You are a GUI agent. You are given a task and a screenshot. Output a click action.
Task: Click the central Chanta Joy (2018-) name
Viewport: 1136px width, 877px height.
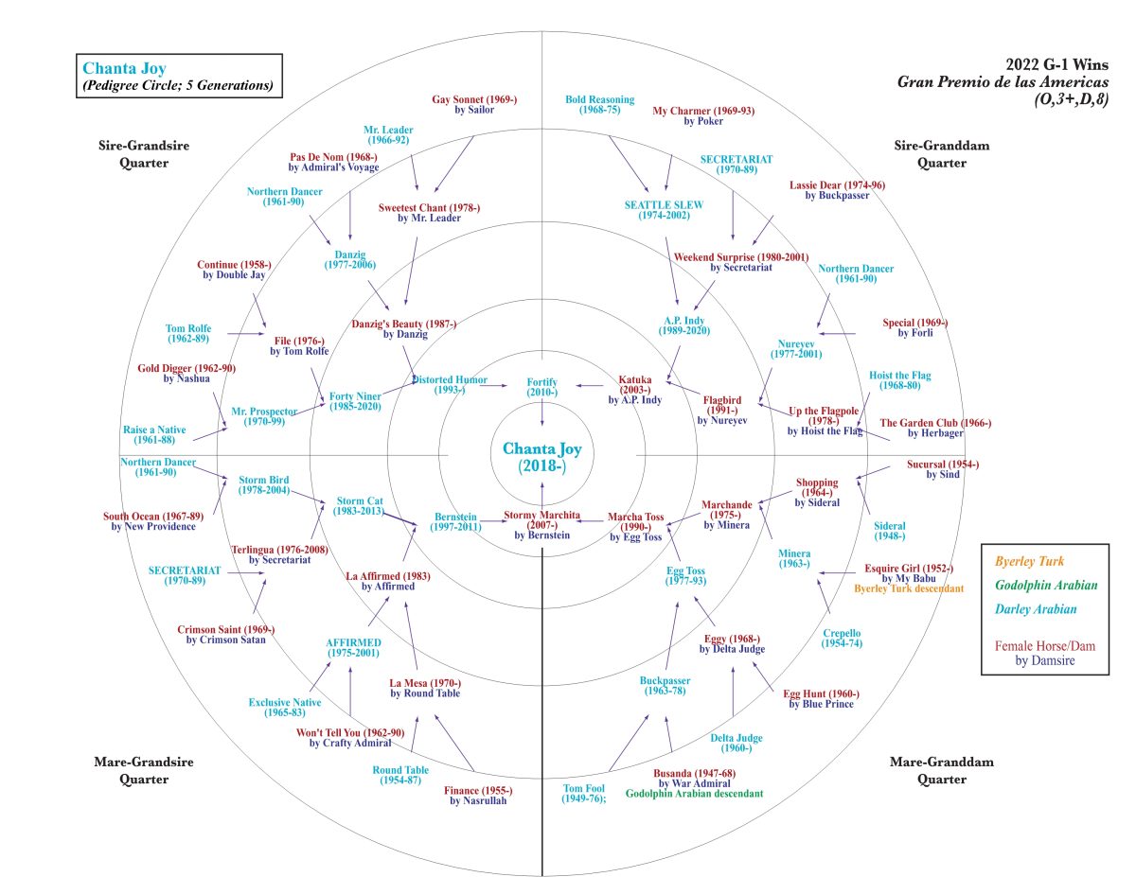pos(541,457)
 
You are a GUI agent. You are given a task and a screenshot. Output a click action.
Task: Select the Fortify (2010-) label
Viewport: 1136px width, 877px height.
pos(541,387)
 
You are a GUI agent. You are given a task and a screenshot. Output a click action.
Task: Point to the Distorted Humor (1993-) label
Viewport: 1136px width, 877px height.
pos(450,385)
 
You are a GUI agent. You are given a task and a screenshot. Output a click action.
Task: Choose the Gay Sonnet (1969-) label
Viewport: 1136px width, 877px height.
pos(474,104)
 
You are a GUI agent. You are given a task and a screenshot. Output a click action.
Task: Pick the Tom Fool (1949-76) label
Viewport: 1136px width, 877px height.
pos(584,793)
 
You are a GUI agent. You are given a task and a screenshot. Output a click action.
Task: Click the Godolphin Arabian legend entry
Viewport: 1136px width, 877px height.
pos(1046,586)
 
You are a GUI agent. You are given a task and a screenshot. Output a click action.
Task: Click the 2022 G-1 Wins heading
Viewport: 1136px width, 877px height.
pos(1056,64)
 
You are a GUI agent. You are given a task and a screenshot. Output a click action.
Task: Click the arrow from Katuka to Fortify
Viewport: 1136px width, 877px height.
pos(592,386)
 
